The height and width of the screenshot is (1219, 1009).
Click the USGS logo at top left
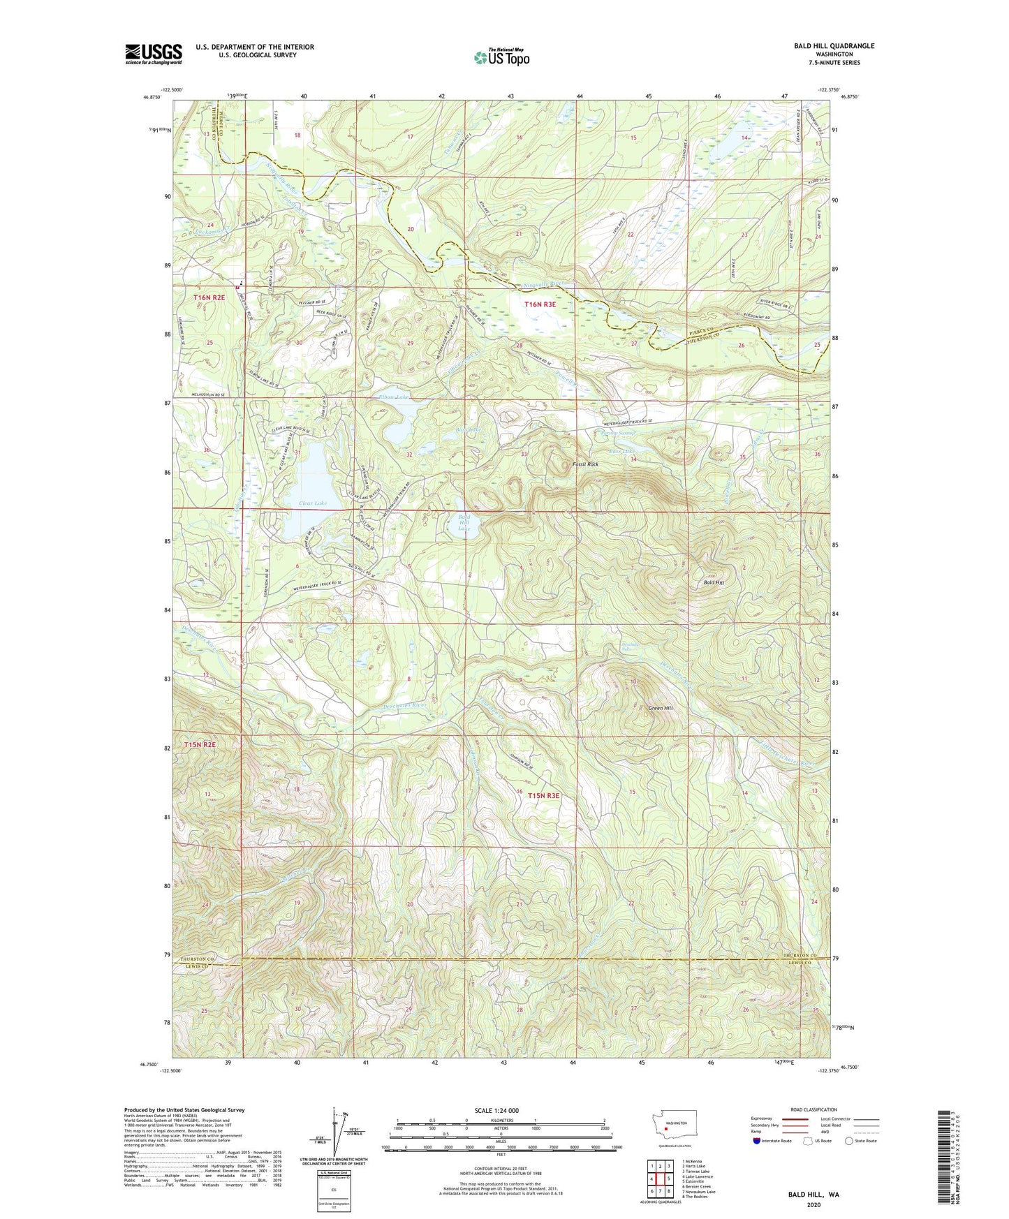(154, 54)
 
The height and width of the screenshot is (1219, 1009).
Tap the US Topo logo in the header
(500, 57)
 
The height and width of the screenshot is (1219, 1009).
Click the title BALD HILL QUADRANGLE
(834, 46)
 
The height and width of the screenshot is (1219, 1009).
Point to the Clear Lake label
(311, 503)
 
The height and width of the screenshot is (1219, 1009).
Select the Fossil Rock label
(584, 464)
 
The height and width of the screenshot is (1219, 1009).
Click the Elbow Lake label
(392, 397)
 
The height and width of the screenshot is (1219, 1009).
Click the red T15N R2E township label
(200, 745)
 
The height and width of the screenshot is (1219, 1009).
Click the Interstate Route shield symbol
(757, 1160)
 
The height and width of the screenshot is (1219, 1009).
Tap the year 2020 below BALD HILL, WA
(813, 1205)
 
